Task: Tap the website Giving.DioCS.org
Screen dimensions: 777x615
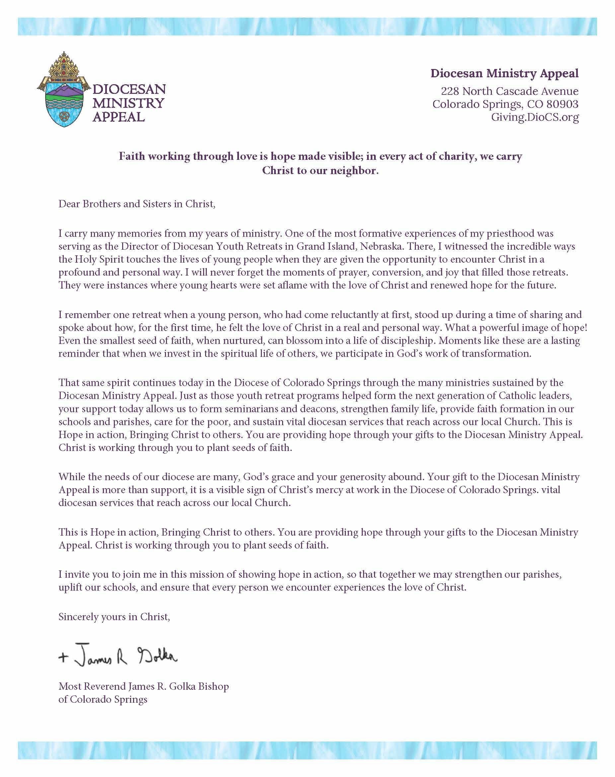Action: coord(535,117)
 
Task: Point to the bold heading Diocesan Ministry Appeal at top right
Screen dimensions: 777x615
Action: coord(504,73)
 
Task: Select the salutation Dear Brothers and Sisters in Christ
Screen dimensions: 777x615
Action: coord(137,204)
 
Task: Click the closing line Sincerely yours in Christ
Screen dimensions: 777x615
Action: coord(114,616)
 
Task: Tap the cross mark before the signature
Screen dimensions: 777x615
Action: coord(63,657)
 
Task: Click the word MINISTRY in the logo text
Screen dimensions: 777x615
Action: coord(128,103)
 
